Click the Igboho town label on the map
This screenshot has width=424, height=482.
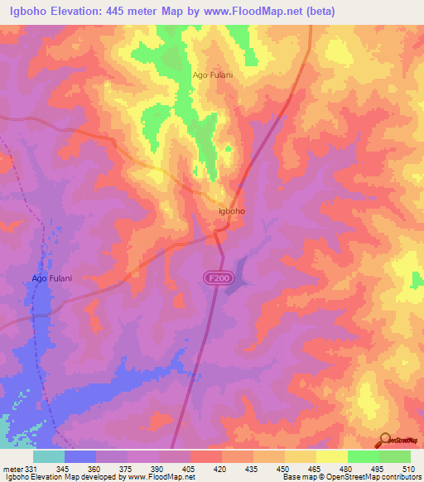click(231, 211)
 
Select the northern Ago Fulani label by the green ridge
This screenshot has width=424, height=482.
click(213, 75)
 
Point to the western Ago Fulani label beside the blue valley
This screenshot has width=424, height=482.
click(52, 278)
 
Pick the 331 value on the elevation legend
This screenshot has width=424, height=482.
click(31, 469)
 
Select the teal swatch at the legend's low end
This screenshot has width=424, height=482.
click(49, 456)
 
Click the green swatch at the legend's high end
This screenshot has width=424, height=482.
click(394, 456)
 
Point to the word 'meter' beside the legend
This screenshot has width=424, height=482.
click(12, 469)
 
